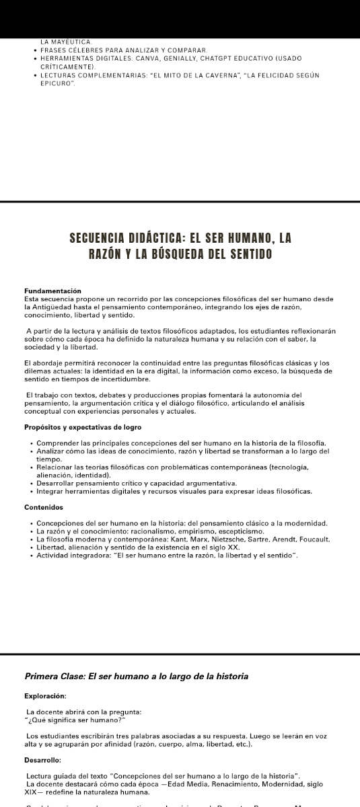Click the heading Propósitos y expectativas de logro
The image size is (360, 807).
pos(83,428)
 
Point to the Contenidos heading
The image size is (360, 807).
pos(44,507)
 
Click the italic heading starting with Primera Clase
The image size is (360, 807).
pos(137,676)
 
